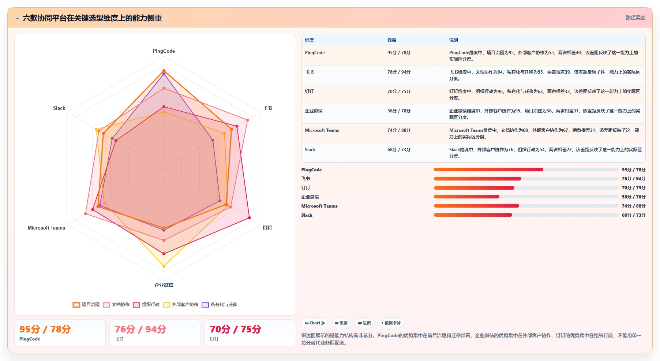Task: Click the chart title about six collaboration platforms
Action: [x=92, y=18]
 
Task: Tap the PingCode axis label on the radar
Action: [x=164, y=51]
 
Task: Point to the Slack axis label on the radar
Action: [x=59, y=108]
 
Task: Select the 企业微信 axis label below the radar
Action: [x=164, y=285]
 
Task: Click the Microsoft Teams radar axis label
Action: [x=46, y=228]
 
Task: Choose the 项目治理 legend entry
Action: [x=86, y=305]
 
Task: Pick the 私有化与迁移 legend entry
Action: [x=220, y=305]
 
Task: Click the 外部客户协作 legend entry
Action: [x=181, y=305]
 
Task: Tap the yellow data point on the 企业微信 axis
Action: [x=164, y=266]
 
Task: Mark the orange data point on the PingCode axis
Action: [x=164, y=71]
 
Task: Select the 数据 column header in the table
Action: [x=392, y=40]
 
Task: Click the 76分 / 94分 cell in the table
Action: [x=399, y=72]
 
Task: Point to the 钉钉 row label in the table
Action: [x=309, y=92]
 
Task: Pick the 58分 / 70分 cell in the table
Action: [x=399, y=111]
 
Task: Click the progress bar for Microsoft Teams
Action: [x=526, y=206]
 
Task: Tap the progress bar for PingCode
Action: [x=526, y=170]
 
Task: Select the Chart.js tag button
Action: [x=315, y=323]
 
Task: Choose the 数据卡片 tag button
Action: [x=391, y=323]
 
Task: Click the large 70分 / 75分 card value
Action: [x=235, y=329]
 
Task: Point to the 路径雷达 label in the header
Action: [x=635, y=18]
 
